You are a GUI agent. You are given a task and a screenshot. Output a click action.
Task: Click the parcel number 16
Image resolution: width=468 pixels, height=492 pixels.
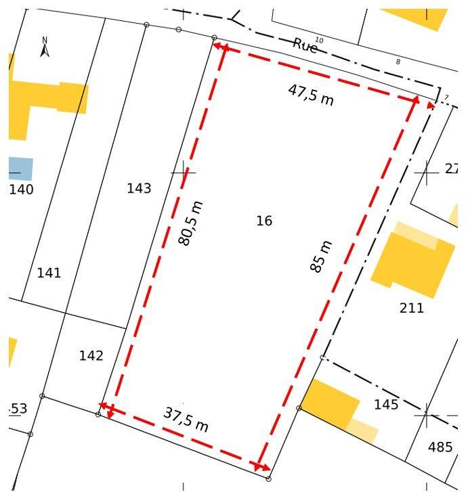click(x=264, y=221)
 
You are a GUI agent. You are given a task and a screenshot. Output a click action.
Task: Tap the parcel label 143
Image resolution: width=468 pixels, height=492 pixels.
click(x=139, y=188)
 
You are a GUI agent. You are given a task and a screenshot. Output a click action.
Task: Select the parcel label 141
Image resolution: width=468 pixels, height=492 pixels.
click(x=49, y=273)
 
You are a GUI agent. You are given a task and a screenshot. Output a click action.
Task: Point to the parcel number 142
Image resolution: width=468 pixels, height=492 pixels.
click(x=91, y=355)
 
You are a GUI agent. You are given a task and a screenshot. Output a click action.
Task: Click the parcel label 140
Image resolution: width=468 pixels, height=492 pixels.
click(x=21, y=189)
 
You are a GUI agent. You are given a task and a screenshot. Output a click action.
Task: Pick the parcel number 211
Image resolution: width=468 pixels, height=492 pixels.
click(x=411, y=308)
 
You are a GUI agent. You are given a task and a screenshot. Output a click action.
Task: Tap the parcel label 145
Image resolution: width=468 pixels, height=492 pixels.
click(x=386, y=405)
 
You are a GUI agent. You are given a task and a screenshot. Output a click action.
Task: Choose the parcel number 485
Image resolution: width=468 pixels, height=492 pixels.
click(x=440, y=447)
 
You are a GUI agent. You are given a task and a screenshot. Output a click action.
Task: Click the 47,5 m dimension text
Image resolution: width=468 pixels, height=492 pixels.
click(x=311, y=94)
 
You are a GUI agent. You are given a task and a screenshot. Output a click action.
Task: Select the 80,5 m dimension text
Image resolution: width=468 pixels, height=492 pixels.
click(x=190, y=223)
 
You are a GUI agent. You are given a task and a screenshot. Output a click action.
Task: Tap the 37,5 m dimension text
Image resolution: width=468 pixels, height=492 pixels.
click(x=186, y=420)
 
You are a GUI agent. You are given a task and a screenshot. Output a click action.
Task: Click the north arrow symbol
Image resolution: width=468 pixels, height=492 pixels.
click(x=45, y=48)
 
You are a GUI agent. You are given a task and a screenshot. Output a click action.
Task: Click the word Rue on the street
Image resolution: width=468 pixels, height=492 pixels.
click(x=305, y=46)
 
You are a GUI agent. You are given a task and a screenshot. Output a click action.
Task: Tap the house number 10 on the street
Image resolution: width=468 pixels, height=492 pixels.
click(x=319, y=41)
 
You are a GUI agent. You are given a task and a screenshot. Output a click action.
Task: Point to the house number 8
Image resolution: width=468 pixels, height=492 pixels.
click(x=398, y=62)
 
